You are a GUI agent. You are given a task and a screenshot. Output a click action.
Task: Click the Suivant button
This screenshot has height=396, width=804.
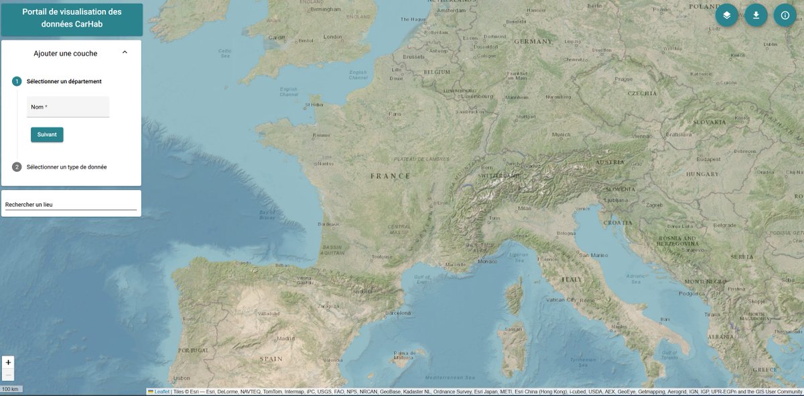pyautogui.click(x=47, y=134)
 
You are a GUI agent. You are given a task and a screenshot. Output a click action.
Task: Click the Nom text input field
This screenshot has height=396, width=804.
pyautogui.click(x=68, y=107)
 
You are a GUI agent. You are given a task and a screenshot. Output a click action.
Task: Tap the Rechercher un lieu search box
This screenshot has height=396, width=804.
pyautogui.click(x=70, y=204)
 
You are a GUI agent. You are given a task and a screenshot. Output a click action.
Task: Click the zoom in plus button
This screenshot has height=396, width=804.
pyautogui.click(x=8, y=362)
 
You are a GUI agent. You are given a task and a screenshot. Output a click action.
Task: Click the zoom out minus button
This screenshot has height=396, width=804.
pyautogui.click(x=8, y=375)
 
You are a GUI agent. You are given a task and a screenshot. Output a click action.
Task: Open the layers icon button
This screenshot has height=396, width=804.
pyautogui.click(x=726, y=15)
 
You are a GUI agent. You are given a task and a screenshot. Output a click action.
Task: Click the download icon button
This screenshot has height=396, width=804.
pyautogui.click(x=756, y=15)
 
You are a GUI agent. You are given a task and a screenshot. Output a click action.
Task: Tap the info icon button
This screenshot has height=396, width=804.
pyautogui.click(x=785, y=15)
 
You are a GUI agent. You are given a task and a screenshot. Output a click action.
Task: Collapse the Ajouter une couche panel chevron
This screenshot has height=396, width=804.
pyautogui.click(x=125, y=52)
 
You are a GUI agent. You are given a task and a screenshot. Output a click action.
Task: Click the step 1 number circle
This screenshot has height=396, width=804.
pyautogui.click(x=17, y=81)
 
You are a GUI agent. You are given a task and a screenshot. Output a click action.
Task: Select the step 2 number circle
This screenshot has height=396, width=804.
pyautogui.click(x=17, y=167)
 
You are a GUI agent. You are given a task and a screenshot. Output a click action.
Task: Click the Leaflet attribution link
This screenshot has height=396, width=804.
pyautogui.click(x=161, y=391)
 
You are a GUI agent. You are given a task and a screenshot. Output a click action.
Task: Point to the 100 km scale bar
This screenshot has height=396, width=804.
pyautogui.click(x=10, y=389)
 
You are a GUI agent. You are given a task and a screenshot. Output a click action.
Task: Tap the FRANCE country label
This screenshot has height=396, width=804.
pyautogui.click(x=390, y=176)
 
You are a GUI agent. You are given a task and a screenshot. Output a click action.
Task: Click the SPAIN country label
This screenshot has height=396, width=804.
pyautogui.click(x=271, y=359)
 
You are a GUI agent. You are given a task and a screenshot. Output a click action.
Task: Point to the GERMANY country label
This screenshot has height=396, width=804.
pyautogui.click(x=533, y=41)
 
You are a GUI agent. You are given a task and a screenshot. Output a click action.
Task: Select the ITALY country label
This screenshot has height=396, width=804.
pyautogui.click(x=572, y=279)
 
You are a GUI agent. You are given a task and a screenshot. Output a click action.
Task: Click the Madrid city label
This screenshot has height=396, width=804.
pyautogui.click(x=286, y=338)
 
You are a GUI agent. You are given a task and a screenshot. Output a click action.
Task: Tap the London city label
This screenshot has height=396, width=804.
pyautogui.click(x=333, y=37)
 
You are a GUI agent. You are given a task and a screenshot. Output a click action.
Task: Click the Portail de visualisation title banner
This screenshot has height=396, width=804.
pyautogui.click(x=72, y=19)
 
